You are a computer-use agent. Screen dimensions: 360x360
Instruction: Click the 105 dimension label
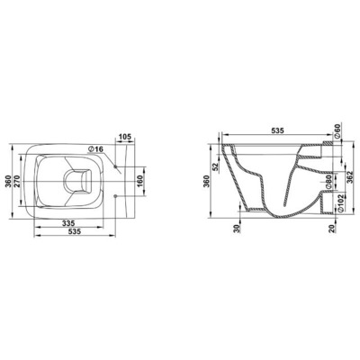pyautogui.click(x=125, y=137)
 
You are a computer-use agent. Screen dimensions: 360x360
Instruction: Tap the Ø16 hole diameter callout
pyautogui.click(x=95, y=149)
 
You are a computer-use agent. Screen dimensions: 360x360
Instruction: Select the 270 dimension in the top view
pyautogui.click(x=17, y=181)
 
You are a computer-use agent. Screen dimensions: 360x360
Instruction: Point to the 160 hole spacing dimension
pyautogui.click(x=139, y=182)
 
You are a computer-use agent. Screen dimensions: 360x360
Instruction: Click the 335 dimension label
pyautogui.click(x=68, y=223)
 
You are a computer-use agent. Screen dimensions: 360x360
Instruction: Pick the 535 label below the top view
pyautogui.click(x=75, y=231)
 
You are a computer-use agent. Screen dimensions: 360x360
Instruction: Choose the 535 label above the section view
pyautogui.click(x=277, y=130)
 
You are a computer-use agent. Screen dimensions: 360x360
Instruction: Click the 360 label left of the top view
pyautogui.click(x=8, y=182)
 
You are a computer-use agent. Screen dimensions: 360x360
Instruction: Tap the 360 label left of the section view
pyautogui.click(x=206, y=181)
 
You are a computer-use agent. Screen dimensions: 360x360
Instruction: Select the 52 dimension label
pyautogui.click(x=215, y=166)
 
